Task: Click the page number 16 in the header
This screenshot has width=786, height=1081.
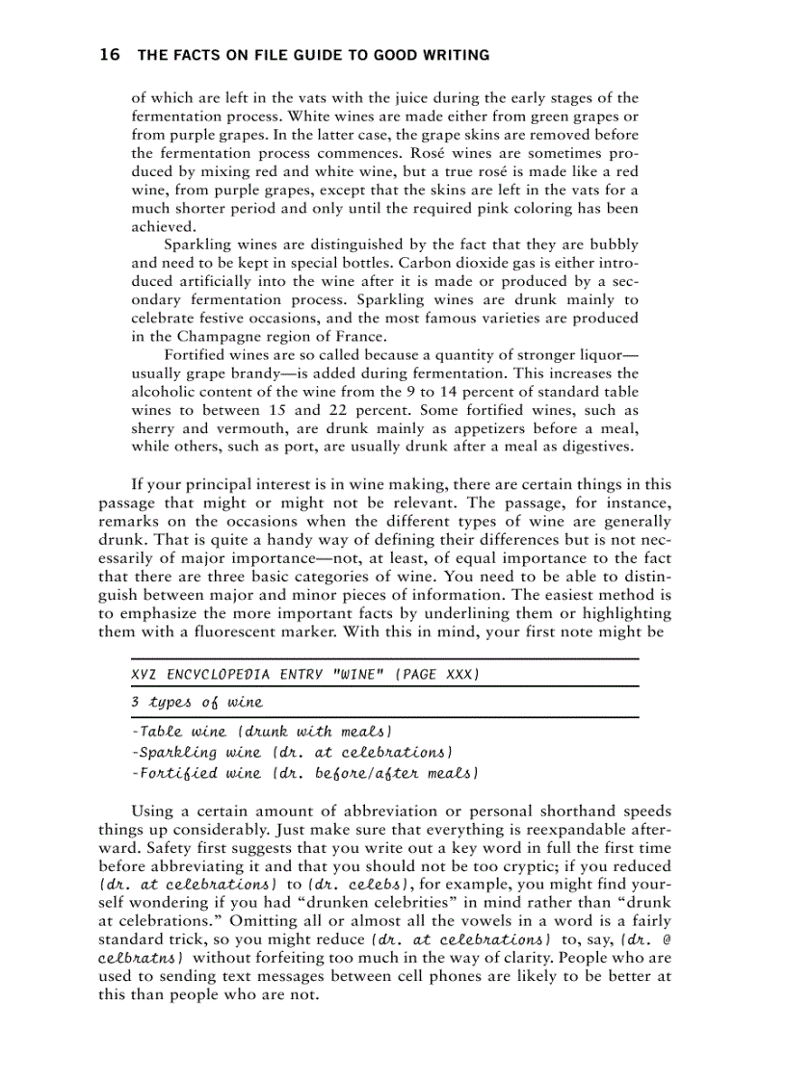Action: click(x=109, y=55)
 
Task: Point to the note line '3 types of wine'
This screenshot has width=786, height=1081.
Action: click(x=196, y=703)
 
